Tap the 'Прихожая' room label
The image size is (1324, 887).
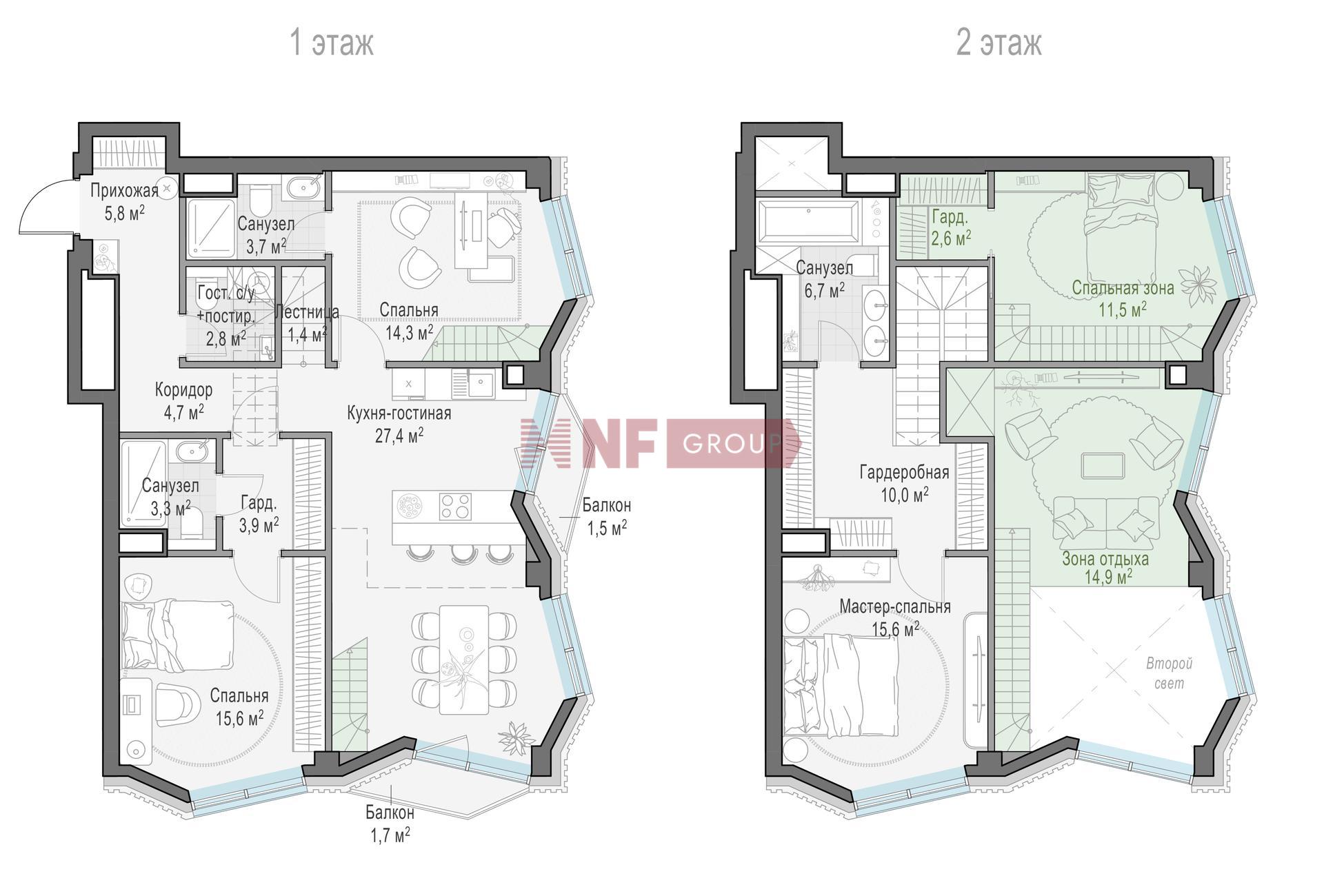coord(124,190)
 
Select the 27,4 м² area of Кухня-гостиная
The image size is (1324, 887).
coord(399,435)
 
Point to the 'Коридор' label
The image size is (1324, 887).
coord(183,390)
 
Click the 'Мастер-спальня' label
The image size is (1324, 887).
coord(894,606)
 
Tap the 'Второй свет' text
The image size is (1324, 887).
coord(1169,673)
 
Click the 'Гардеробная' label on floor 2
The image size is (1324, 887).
coord(904,473)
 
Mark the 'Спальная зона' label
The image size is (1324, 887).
coord(1123,287)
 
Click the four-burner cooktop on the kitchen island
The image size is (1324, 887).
coord(455,507)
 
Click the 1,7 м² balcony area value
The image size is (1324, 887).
coord(390,836)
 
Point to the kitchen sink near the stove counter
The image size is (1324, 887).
coord(481,383)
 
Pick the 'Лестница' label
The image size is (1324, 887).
coord(306,312)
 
